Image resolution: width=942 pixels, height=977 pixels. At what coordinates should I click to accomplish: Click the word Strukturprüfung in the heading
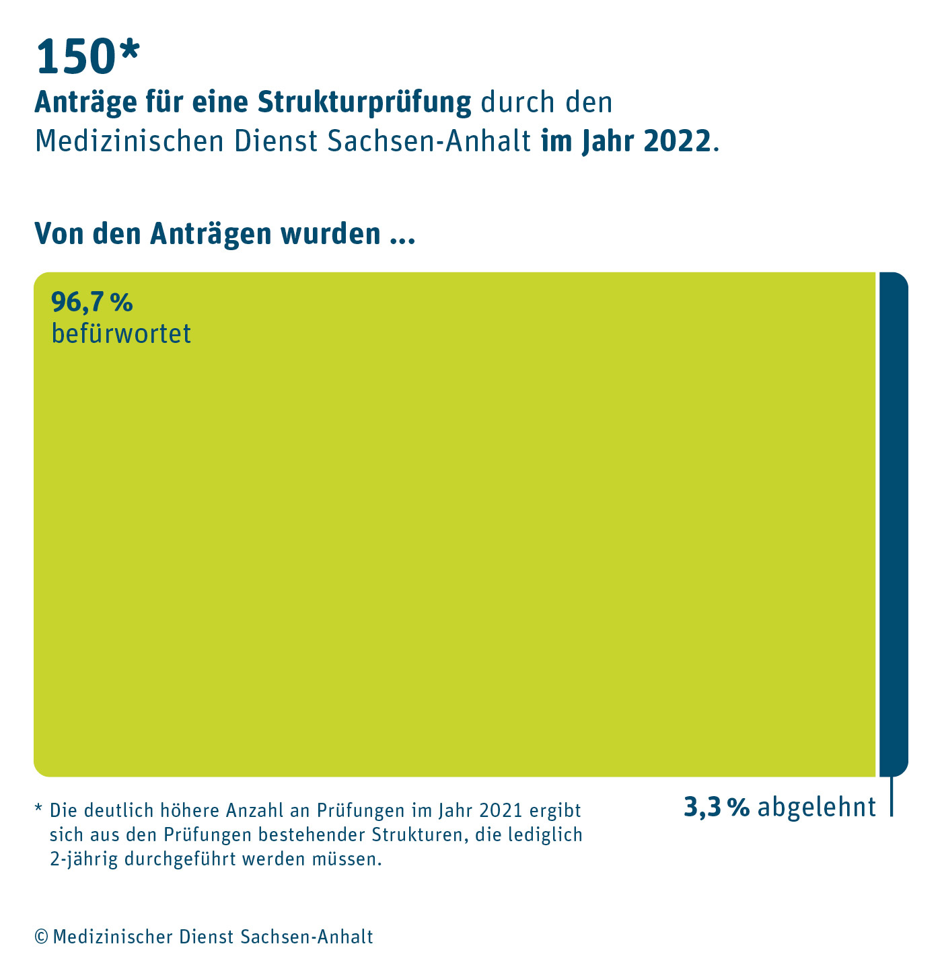[365, 102]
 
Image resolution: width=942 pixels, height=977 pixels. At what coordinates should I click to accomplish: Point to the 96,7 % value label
[92, 303]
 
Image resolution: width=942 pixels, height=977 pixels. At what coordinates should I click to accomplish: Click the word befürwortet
[121, 334]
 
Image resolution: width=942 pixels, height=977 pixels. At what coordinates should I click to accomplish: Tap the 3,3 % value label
[717, 807]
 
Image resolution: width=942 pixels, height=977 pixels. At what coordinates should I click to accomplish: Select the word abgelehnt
[817, 807]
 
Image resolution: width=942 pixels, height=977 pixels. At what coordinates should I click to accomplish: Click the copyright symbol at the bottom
[41, 937]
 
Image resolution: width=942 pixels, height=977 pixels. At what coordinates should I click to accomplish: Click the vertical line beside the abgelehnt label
[892, 797]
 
